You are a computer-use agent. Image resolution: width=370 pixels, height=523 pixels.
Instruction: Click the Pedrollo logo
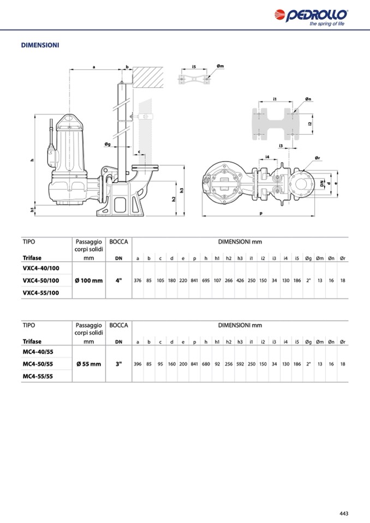pyautogui.click(x=311, y=17)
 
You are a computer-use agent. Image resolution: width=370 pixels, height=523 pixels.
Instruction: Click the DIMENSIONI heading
pyautogui.click(x=40, y=45)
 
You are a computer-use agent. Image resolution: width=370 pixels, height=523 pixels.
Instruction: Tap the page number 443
pyautogui.click(x=344, y=513)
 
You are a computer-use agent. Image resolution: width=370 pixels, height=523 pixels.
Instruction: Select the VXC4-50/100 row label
pyautogui.click(x=41, y=280)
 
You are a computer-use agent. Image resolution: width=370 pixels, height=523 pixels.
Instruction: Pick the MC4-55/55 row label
pyautogui.click(x=38, y=376)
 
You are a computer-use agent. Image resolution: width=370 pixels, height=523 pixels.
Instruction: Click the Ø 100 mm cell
pyautogui.click(x=89, y=280)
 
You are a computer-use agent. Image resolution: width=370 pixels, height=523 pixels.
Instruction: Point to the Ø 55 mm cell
pyautogui.click(x=89, y=364)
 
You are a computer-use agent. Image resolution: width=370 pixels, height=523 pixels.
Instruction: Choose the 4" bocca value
pyautogui.click(x=118, y=280)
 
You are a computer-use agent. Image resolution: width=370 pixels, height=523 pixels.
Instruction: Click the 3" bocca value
pyautogui.click(x=118, y=364)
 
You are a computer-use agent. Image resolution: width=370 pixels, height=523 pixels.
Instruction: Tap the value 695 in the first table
pyautogui.click(x=206, y=280)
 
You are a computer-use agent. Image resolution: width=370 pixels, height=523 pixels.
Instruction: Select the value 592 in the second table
pyautogui.click(x=240, y=364)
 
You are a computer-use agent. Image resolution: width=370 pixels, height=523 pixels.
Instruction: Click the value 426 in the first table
pyautogui.click(x=240, y=280)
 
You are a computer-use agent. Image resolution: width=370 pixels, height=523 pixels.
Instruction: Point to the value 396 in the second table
pyautogui.click(x=138, y=364)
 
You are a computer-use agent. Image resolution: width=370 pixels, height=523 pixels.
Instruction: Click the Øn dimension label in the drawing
pyautogui.click(x=308, y=99)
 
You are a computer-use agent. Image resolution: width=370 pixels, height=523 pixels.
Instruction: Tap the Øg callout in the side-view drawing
pyautogui.click(x=108, y=144)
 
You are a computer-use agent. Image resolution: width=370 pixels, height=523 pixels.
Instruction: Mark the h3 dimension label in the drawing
pyautogui.click(x=182, y=190)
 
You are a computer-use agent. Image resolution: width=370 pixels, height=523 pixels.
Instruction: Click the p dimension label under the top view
pyautogui.click(x=261, y=213)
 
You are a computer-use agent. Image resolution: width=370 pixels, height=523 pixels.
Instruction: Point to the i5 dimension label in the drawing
pyautogui.click(x=194, y=67)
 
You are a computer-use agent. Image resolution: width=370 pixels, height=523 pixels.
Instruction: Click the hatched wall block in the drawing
pyautogui.click(x=148, y=77)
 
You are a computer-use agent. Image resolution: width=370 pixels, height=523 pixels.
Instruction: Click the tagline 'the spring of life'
pyautogui.click(x=327, y=23)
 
